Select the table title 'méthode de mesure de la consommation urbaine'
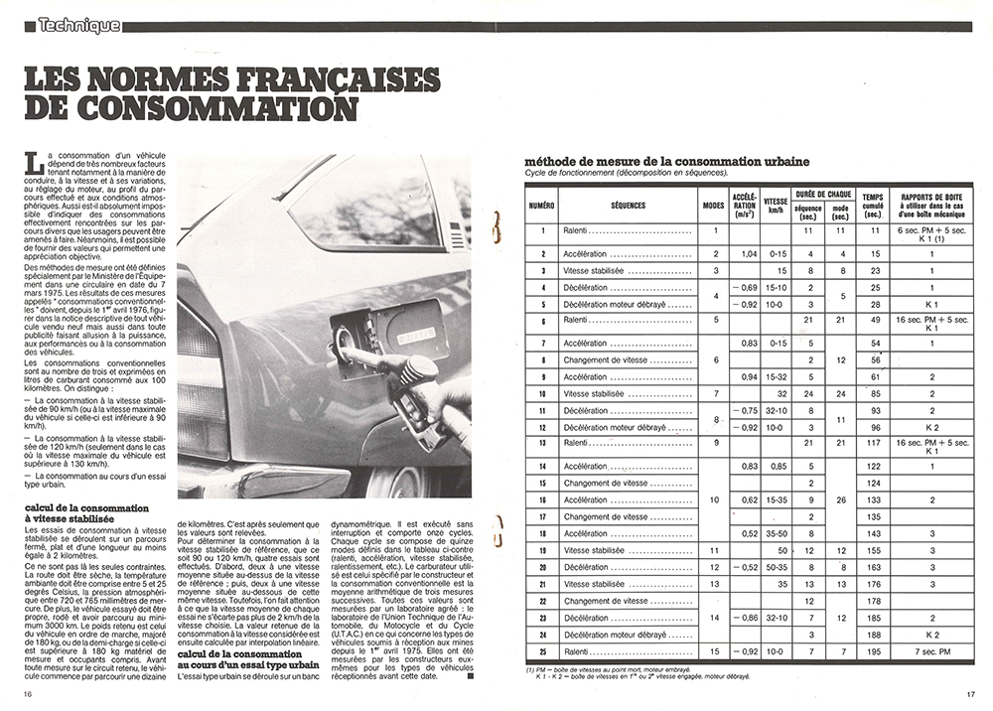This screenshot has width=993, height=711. [666, 161]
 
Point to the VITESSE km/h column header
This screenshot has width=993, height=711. [776, 205]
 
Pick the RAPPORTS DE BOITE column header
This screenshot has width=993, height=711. [931, 205]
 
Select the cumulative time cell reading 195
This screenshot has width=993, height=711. [872, 663]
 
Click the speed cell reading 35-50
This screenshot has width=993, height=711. [776, 534]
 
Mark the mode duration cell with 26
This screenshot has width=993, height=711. [840, 499]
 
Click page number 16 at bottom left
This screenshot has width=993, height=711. [29, 694]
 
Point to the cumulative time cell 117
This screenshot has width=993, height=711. [872, 443]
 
